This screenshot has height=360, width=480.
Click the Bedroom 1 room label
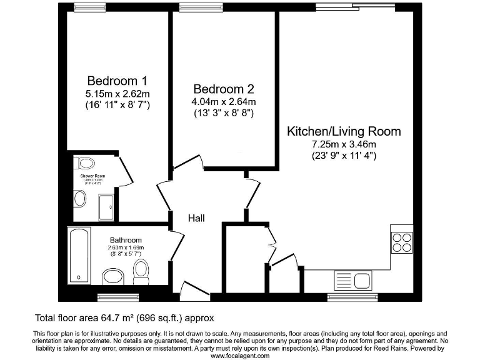(117, 81)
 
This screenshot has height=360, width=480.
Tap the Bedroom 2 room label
(223, 89)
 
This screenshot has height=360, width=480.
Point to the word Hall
(197, 218)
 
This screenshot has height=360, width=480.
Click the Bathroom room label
(126, 240)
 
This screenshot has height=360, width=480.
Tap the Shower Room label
(92, 176)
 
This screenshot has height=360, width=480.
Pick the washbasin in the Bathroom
(114, 276)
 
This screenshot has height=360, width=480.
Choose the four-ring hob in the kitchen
(402, 242)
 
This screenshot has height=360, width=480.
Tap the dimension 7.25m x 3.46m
(344, 144)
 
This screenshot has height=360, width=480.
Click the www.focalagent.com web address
(240, 355)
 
